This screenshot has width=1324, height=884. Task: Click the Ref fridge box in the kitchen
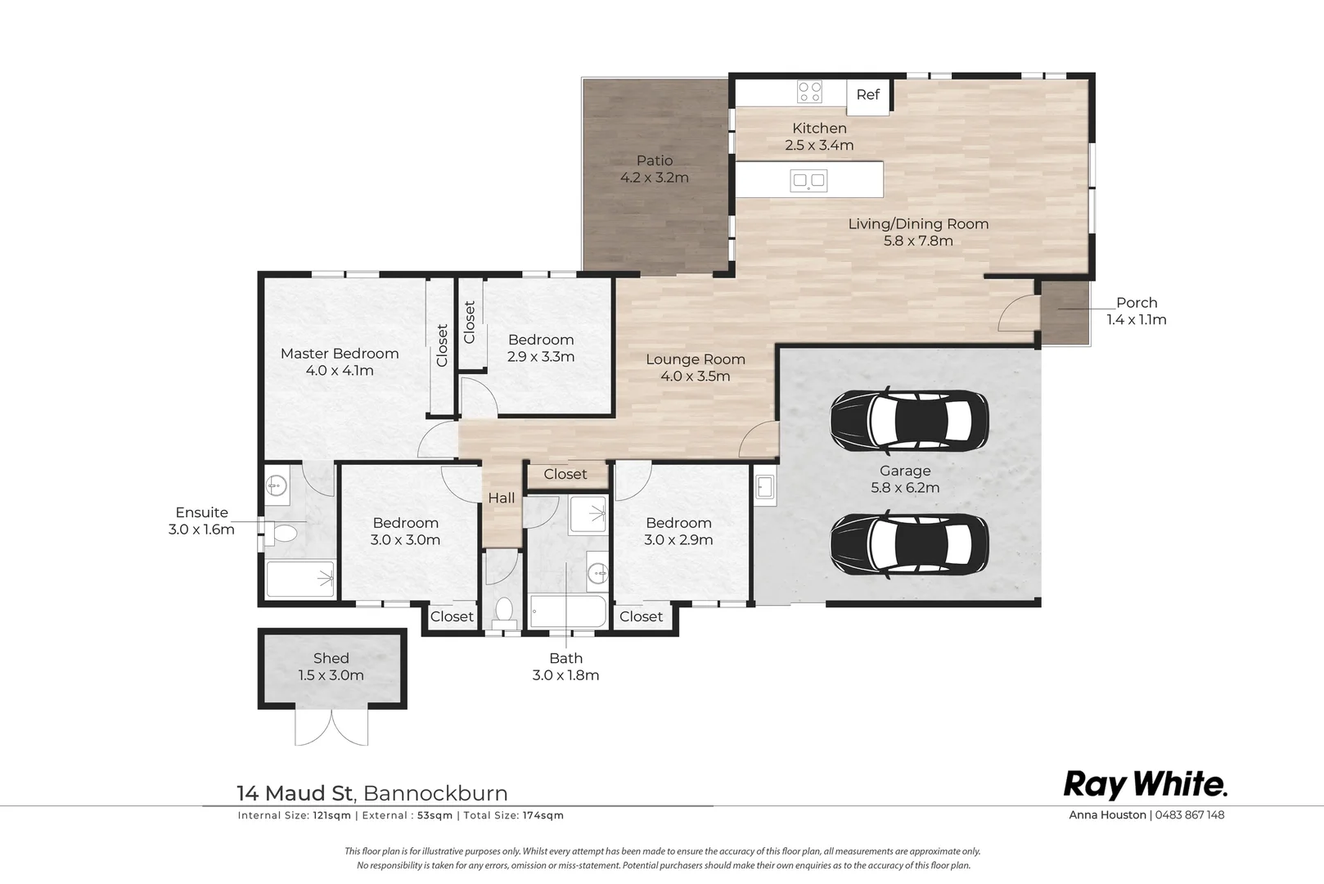click(868, 97)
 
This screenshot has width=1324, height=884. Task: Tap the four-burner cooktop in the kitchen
click(809, 92)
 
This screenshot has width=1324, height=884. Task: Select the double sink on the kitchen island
click(808, 180)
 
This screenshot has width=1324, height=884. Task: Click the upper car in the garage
click(909, 421)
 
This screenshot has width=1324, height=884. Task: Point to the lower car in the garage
click(909, 543)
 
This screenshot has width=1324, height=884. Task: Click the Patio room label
click(655, 160)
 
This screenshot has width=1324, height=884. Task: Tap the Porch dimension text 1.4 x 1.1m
click(1137, 320)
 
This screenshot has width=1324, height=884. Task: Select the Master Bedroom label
click(340, 354)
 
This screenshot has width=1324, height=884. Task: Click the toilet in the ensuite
click(280, 534)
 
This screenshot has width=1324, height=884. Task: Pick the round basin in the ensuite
click(276, 486)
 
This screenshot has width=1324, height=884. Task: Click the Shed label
click(331, 658)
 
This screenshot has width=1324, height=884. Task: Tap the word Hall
click(502, 498)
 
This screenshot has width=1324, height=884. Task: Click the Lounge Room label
click(695, 359)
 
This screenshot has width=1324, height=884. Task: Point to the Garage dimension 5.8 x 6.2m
click(905, 488)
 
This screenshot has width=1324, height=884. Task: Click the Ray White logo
click(1145, 785)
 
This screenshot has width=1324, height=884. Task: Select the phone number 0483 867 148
click(1190, 814)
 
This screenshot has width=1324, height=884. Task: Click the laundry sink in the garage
click(765, 489)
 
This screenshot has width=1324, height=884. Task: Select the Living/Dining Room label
click(918, 224)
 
